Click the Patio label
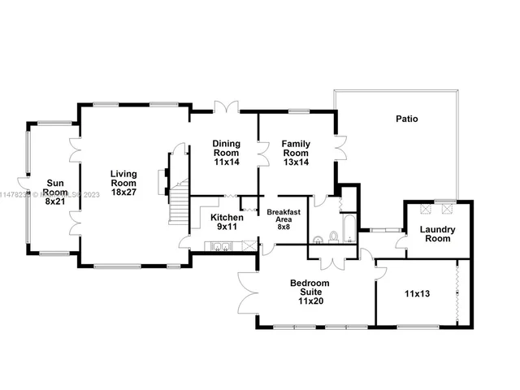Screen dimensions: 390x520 tap(407, 119)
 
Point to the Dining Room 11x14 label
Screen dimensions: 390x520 tap(226, 153)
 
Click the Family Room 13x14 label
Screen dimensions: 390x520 tap(296, 153)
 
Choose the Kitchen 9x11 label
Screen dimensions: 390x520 tap(227, 222)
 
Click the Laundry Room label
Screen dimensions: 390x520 tap(437, 234)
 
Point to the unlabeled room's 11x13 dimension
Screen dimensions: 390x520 tap(417, 293)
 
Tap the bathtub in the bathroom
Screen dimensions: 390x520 tap(348, 227)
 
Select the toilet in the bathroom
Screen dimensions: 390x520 tap(333, 237)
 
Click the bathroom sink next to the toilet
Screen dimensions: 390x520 tap(319, 238)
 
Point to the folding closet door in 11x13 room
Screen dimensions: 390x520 tap(459, 292)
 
